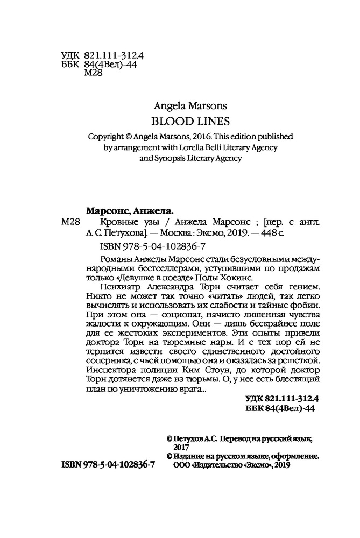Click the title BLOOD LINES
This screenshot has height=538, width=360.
coord(180,121)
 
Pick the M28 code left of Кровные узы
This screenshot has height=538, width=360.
coord(72,223)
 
